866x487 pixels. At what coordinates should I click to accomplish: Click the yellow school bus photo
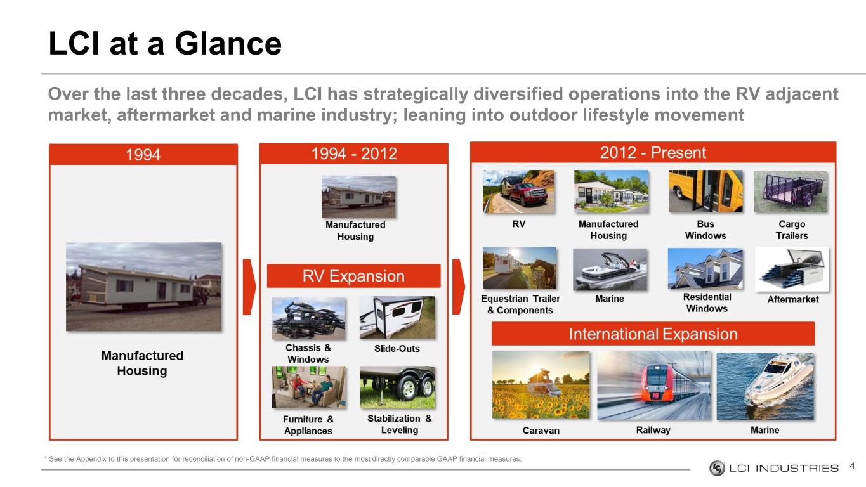point(705,192)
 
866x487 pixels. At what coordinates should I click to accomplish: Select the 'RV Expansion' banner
point(353,276)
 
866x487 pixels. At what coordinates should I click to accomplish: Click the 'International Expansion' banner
point(653,334)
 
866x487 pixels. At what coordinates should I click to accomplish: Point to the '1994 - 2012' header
point(354,153)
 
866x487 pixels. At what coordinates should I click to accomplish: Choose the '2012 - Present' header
point(653,152)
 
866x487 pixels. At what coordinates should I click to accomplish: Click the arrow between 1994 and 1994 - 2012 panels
point(249,287)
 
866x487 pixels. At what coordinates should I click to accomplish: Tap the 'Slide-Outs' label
point(397,349)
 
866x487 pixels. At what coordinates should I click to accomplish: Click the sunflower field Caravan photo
point(541,384)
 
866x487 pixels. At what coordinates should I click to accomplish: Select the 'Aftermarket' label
point(792,299)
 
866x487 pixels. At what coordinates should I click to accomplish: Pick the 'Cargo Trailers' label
point(792,230)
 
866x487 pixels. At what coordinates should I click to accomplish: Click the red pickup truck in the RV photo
point(531,194)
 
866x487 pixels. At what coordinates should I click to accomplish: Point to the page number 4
point(852,465)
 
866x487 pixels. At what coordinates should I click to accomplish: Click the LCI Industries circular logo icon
point(717,468)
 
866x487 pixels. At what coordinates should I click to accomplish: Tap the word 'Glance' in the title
point(228,44)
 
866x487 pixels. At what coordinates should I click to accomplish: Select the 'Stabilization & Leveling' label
point(399,424)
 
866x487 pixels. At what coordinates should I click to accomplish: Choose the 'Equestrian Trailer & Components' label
point(520,304)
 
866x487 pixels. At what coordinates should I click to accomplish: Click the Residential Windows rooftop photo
point(705,269)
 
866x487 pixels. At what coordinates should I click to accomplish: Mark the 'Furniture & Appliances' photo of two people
point(309,387)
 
